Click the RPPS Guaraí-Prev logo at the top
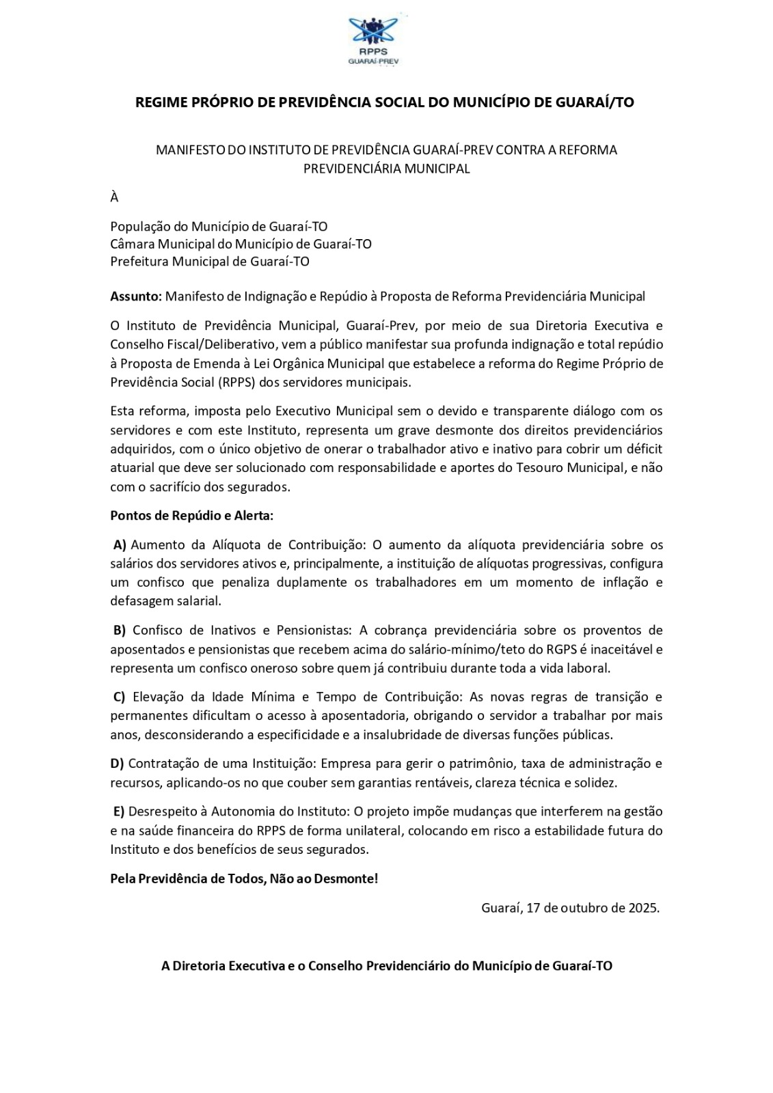pyautogui.click(x=374, y=41)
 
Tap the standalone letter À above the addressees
pyautogui.click(x=114, y=197)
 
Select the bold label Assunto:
pyautogui.click(x=136, y=296)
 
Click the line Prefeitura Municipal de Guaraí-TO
pyautogui.click(x=210, y=262)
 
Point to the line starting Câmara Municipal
pyautogui.click(x=241, y=244)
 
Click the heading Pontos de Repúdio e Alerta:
pyautogui.click(x=191, y=516)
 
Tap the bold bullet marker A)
pyautogui.click(x=120, y=544)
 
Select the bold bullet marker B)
pyautogui.click(x=120, y=630)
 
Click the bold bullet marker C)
pyautogui.click(x=120, y=697)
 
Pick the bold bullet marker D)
pyautogui.click(x=117, y=763)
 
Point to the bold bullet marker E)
pyautogui.click(x=120, y=812)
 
